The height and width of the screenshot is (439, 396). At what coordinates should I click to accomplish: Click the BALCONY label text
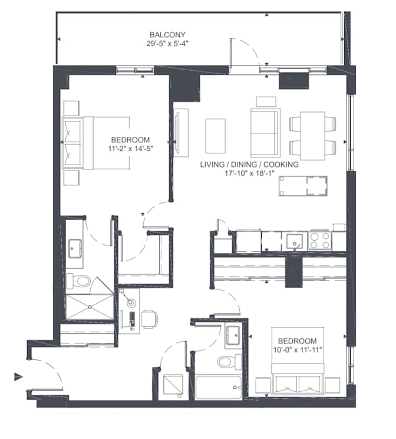[x=167, y=35]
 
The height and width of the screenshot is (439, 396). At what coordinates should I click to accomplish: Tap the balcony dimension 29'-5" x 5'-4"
[x=167, y=44]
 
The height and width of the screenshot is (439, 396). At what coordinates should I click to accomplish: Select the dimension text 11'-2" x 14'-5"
[x=131, y=149]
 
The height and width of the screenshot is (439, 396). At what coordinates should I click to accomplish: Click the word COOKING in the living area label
[x=280, y=165]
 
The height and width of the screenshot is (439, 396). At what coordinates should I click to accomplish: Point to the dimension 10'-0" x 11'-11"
[x=298, y=350]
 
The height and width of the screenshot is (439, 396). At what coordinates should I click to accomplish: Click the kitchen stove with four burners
[x=319, y=241]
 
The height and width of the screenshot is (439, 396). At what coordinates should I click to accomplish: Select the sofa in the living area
[x=265, y=133]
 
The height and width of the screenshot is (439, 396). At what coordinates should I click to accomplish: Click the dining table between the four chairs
[x=313, y=136]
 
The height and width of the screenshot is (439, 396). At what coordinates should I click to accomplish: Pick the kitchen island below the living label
[x=303, y=186]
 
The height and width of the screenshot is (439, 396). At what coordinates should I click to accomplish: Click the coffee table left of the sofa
[x=215, y=136]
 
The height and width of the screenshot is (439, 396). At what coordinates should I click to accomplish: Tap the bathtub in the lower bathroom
[x=219, y=388]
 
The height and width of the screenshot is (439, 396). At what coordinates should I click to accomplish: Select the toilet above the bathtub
[x=229, y=362]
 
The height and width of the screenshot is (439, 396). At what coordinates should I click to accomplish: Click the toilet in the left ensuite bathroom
[x=78, y=281]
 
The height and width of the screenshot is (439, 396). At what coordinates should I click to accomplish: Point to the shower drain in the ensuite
[x=90, y=307]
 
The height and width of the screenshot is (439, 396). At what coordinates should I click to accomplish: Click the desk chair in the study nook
[x=150, y=319]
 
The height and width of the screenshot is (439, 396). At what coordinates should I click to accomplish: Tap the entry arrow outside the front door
[x=18, y=377]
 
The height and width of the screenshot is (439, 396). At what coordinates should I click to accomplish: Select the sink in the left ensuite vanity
[x=75, y=248]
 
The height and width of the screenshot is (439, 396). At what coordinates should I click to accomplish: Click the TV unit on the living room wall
[x=181, y=133]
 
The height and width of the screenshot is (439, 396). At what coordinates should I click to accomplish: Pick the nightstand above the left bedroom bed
[x=71, y=108]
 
